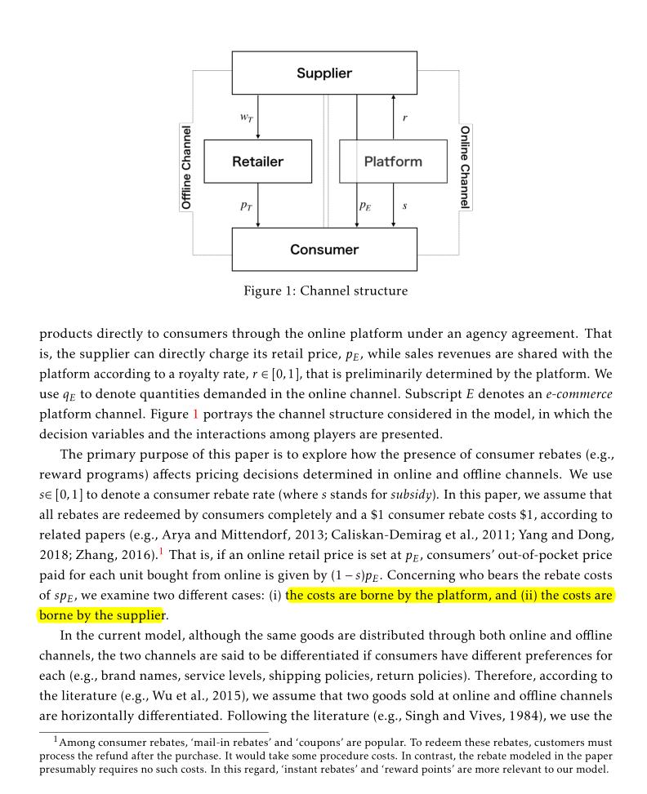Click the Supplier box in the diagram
click(x=324, y=73)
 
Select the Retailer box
click(x=257, y=161)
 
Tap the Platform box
click(x=393, y=161)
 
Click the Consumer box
click(x=324, y=249)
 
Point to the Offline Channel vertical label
click(x=186, y=167)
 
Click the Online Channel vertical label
click(x=464, y=167)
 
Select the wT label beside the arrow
click(x=245, y=118)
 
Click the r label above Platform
click(x=405, y=118)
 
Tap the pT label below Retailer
click(x=246, y=206)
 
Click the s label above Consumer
click(x=405, y=206)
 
